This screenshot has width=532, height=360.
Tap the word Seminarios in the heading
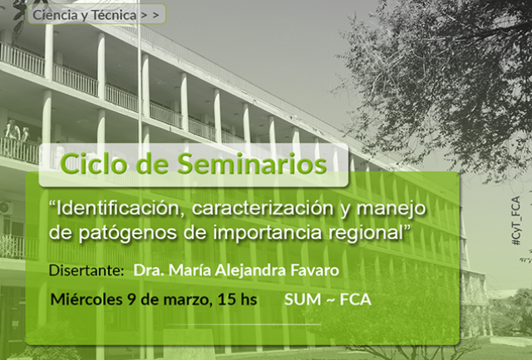click(x=252, y=164)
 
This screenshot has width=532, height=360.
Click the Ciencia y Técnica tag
click(x=96, y=14)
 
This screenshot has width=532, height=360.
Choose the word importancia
click(x=268, y=234)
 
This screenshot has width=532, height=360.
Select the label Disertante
click(x=86, y=270)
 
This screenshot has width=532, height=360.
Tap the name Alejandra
click(x=251, y=271)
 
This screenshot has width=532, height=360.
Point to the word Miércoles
click(x=86, y=299)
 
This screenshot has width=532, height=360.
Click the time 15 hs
click(x=237, y=299)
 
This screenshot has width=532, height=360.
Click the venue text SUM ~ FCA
click(x=328, y=299)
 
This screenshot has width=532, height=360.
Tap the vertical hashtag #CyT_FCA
click(x=515, y=220)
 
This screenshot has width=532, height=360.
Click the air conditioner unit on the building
click(x=6, y=208)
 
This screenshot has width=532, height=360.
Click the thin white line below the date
click(x=244, y=324)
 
